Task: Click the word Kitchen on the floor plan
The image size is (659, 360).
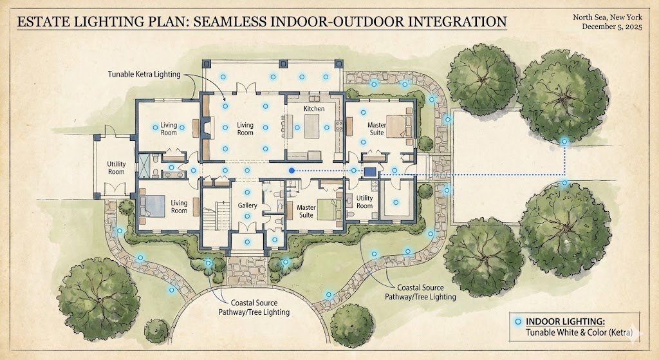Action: click(314, 109)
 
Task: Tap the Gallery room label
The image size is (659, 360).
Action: click(247, 205)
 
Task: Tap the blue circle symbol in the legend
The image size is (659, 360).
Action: click(518, 321)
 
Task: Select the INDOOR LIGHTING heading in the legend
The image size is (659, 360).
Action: click(565, 321)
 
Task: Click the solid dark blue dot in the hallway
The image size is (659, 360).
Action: click(292, 171)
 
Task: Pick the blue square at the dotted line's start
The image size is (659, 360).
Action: click(370, 172)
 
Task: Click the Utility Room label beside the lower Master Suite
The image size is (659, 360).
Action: click(364, 202)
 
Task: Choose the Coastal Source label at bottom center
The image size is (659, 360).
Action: click(259, 307)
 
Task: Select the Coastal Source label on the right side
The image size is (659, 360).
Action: click(420, 292)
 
